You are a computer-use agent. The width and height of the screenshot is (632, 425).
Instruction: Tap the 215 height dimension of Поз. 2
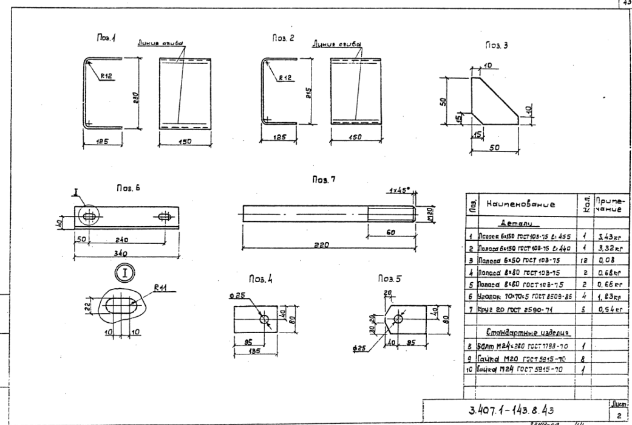309,92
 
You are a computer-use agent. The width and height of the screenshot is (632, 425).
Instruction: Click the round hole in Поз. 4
265,319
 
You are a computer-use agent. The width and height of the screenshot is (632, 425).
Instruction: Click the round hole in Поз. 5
398,319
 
